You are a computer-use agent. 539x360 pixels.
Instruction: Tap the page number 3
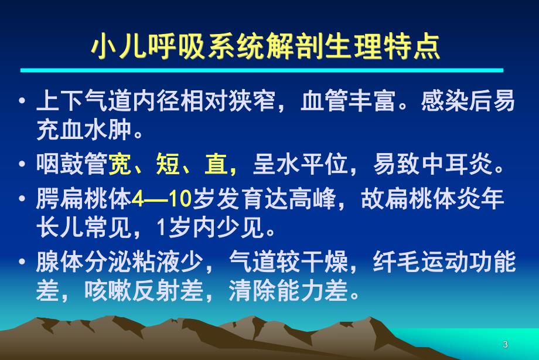coord(505,344)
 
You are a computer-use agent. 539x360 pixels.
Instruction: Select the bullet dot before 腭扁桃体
coord(22,200)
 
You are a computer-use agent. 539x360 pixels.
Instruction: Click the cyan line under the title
coord(262,70)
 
